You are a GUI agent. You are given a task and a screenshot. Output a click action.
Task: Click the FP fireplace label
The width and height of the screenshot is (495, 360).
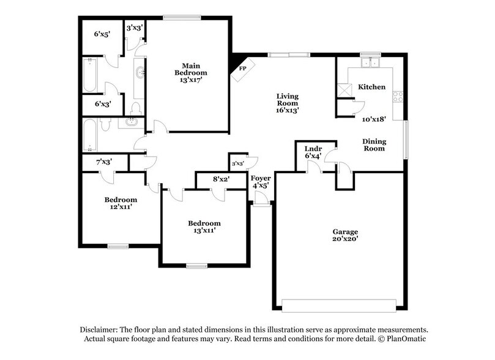coord(242,69)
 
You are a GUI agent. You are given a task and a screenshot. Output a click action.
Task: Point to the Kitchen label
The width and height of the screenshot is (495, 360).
coord(371,87)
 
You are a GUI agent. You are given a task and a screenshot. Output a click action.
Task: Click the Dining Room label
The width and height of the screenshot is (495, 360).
coord(374,144)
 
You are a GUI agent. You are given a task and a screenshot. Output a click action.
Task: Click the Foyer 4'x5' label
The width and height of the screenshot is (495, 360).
coord(261,181)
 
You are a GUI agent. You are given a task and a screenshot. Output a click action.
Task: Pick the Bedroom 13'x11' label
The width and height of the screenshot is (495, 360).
coord(204,227)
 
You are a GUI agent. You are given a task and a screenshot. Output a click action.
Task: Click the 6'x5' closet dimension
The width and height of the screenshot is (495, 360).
coord(102,34)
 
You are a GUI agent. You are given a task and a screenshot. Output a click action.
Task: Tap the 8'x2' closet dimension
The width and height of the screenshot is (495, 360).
coord(221,179)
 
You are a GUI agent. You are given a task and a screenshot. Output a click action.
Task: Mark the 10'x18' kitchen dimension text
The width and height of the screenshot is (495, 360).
coord(373,119)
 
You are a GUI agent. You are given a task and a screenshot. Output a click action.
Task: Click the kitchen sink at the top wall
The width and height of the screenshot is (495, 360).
coord(370,62)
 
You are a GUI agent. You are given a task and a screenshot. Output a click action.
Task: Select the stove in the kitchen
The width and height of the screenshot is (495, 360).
coord(398,96)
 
